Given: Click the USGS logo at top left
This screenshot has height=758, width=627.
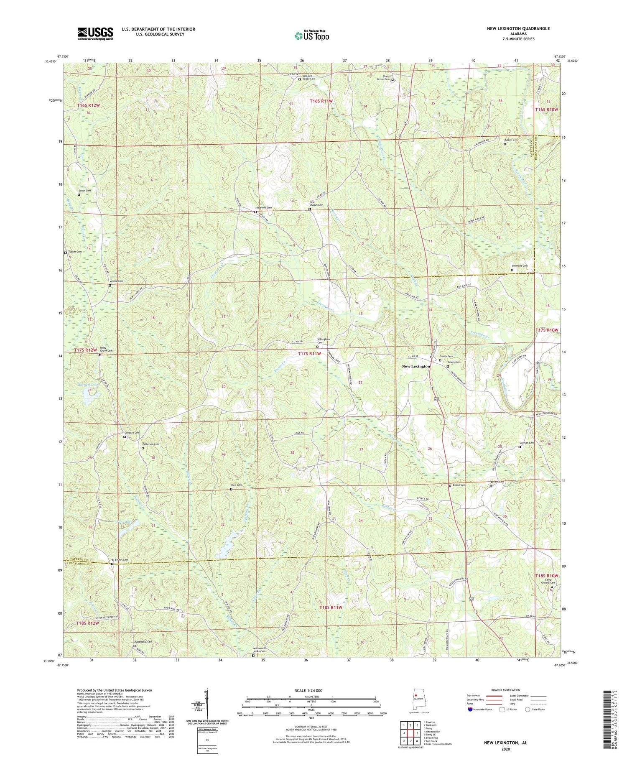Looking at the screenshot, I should [x=95, y=33].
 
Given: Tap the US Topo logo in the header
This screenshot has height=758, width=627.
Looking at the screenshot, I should [x=312, y=36].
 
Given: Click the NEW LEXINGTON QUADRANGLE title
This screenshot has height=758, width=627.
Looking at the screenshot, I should [x=518, y=28].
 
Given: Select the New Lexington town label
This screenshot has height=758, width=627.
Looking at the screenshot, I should [x=415, y=366].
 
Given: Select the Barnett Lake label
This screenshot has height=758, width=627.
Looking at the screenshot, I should [x=89, y=384].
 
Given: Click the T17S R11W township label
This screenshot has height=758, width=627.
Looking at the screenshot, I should [x=309, y=354].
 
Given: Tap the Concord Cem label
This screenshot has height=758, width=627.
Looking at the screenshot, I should [x=131, y=433].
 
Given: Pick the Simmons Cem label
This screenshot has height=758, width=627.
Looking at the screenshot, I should [x=520, y=266].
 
